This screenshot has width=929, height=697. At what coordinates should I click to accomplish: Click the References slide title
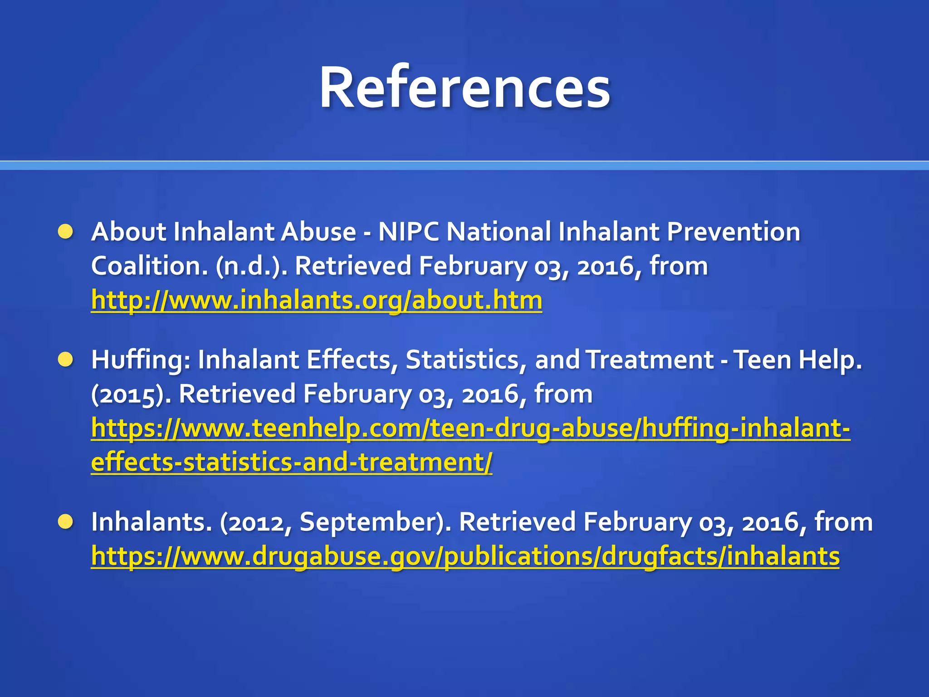464,87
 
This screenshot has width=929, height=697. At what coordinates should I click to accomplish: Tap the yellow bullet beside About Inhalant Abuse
66,231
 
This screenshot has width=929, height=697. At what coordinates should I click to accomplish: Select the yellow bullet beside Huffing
66,360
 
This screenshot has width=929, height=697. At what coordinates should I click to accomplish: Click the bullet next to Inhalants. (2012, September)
66,522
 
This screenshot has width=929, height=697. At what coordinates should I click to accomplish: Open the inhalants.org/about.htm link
316,300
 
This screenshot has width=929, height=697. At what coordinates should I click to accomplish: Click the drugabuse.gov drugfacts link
465,556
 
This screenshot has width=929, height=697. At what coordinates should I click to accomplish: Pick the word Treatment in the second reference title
650,360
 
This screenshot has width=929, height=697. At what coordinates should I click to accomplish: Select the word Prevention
733,231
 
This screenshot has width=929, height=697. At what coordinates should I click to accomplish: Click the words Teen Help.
797,360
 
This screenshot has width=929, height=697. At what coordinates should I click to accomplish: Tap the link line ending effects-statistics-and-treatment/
291,462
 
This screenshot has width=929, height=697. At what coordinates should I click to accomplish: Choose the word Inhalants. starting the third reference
152,522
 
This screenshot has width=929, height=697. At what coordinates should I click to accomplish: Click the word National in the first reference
498,231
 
